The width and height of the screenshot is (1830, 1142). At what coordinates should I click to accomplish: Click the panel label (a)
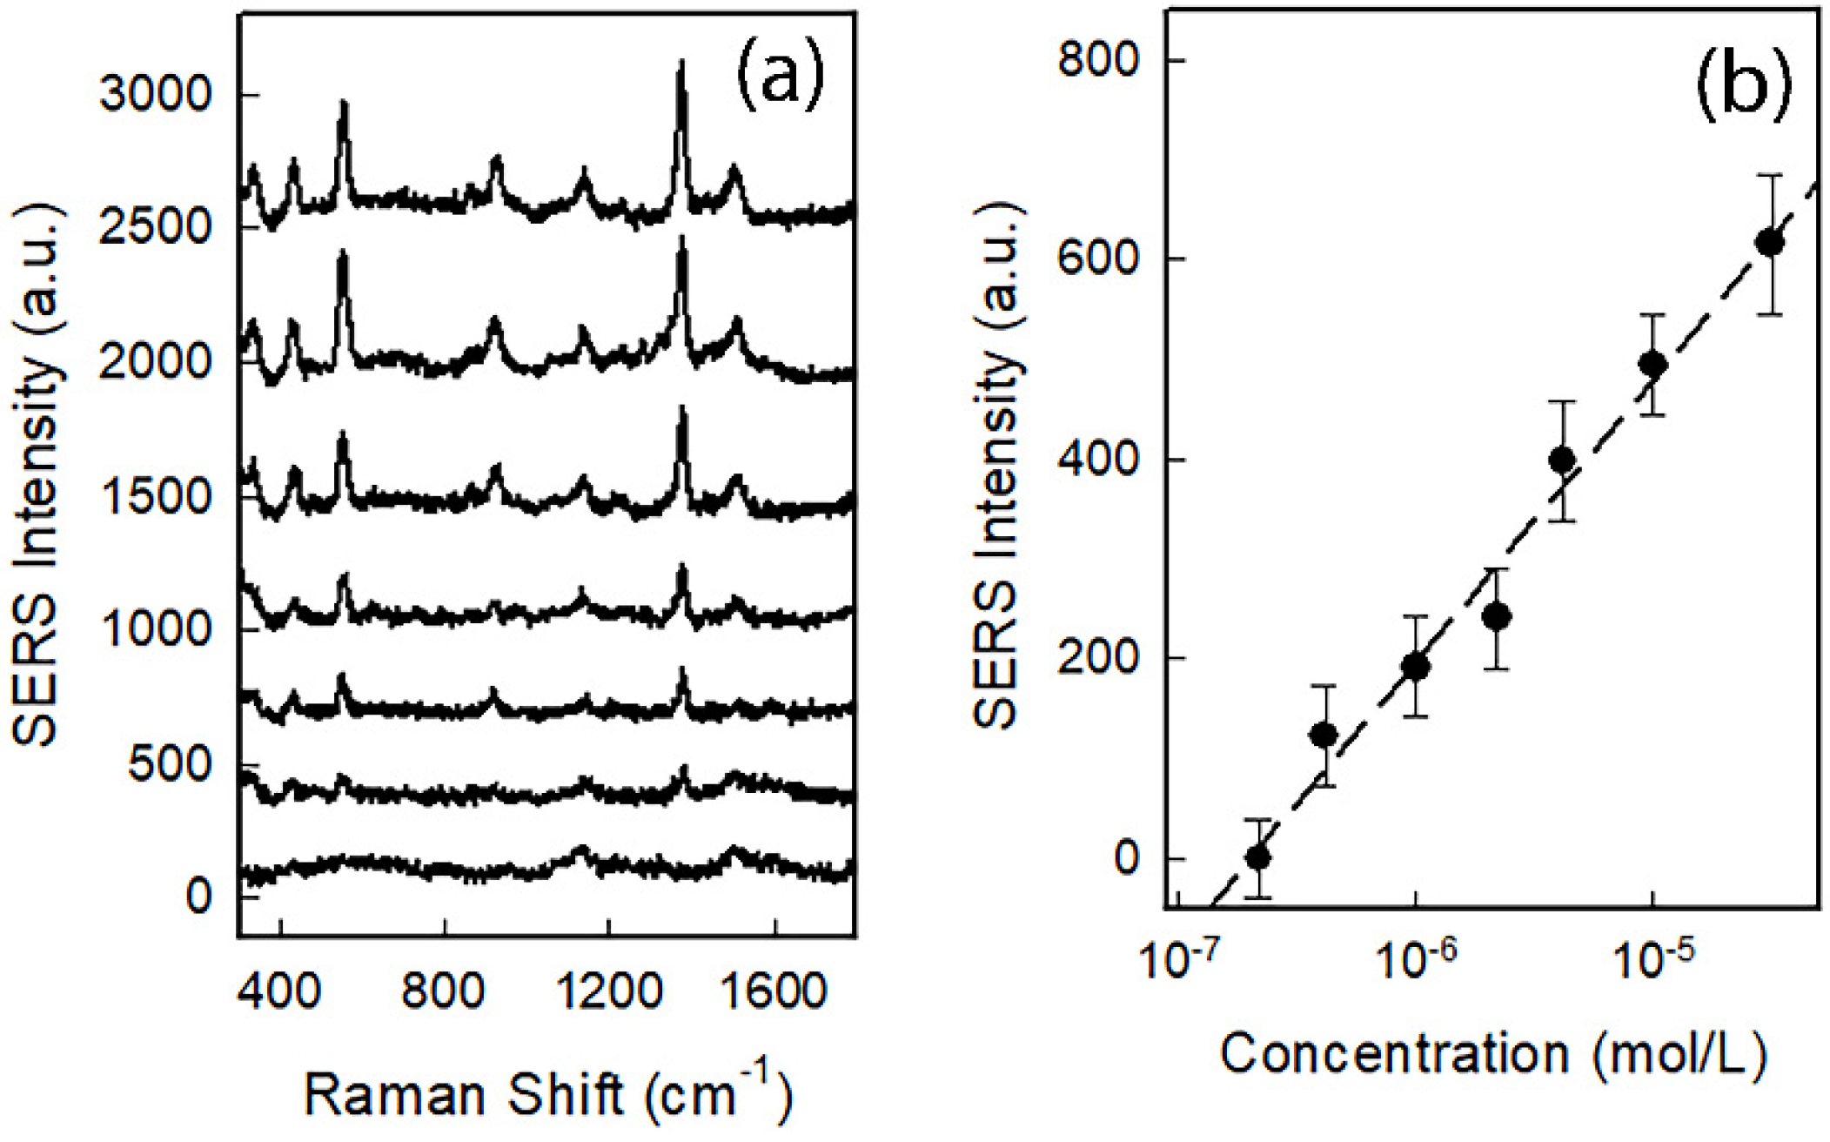coord(780,76)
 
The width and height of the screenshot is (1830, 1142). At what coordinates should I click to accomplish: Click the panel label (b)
coord(1743,87)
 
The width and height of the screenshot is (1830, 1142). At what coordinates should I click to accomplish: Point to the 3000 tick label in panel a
coord(155,93)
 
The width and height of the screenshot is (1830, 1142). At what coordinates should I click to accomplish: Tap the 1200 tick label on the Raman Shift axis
coord(608,991)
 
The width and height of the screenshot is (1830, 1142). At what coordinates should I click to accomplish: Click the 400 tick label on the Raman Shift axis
coord(280,991)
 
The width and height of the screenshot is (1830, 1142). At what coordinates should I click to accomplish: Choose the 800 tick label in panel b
coord(1097,60)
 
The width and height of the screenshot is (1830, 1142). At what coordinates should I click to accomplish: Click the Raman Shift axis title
coord(548,1092)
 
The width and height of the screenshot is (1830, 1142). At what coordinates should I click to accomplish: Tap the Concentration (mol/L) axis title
coord(1493,1052)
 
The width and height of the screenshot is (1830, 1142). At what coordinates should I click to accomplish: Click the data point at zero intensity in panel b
coord(1258,857)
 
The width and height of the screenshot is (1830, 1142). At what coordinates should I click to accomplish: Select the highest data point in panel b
coord(1769,243)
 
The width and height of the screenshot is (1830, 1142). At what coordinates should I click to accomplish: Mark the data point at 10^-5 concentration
coord(1652,364)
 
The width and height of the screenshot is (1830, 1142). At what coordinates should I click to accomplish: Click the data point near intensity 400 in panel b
coord(1563,460)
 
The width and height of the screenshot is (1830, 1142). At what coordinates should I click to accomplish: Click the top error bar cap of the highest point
coord(1769,176)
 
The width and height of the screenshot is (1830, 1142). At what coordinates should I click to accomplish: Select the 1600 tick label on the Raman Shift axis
coord(774,991)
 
